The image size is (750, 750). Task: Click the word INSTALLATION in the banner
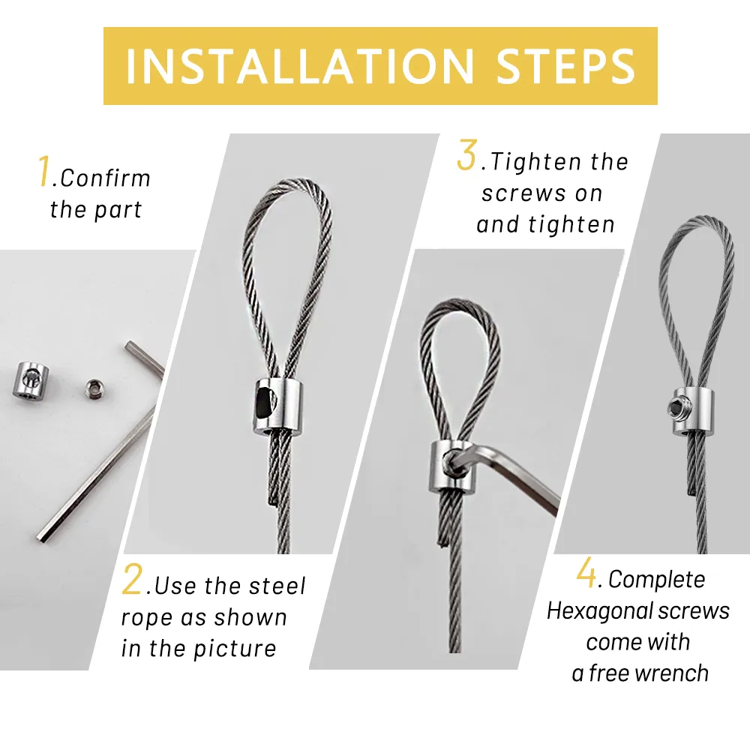click(x=300, y=66)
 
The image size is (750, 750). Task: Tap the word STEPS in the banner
click(x=565, y=66)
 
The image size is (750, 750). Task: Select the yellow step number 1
click(x=44, y=171)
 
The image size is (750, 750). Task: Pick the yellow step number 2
click(x=132, y=579)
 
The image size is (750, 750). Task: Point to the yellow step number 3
click(x=466, y=154)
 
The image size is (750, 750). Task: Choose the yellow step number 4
click(x=586, y=572)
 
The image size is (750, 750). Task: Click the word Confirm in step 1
click(x=105, y=178)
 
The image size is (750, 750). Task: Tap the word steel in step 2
click(x=277, y=586)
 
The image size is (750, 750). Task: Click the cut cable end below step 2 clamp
click(x=271, y=497)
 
